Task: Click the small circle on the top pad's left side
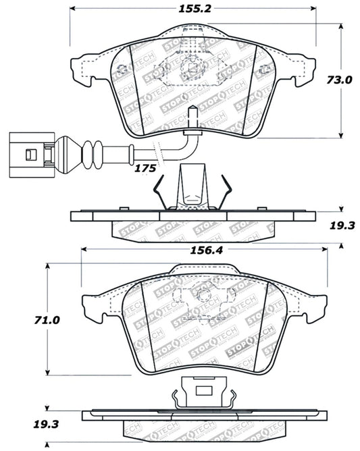[x=122, y=70]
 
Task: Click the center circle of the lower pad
[x=201, y=294]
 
